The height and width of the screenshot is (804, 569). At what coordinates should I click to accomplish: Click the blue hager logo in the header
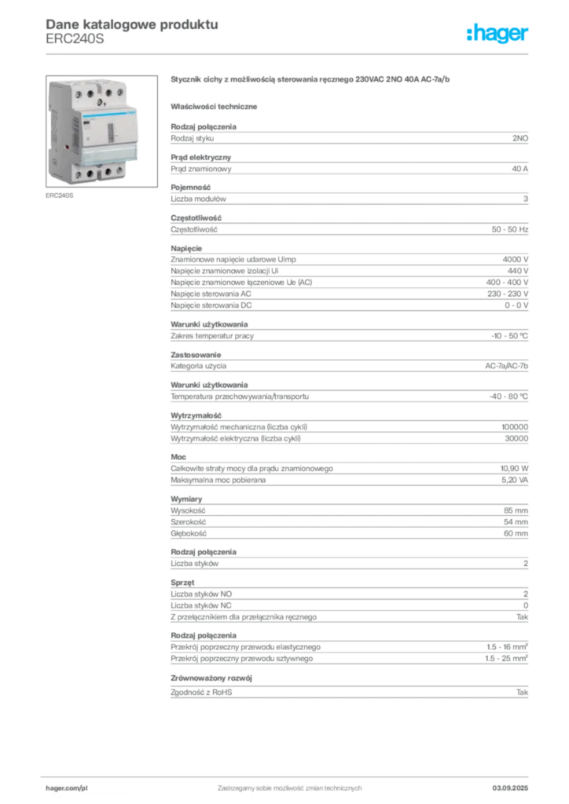point(497,35)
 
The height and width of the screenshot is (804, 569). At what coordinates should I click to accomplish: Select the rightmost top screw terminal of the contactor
point(119,92)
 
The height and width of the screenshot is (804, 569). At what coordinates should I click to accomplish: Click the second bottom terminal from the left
point(90,173)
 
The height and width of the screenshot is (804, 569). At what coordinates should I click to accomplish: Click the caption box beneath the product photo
point(60,196)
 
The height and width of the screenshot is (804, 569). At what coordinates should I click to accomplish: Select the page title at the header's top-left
point(130,24)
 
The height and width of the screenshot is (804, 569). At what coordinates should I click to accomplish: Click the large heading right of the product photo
point(310,80)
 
